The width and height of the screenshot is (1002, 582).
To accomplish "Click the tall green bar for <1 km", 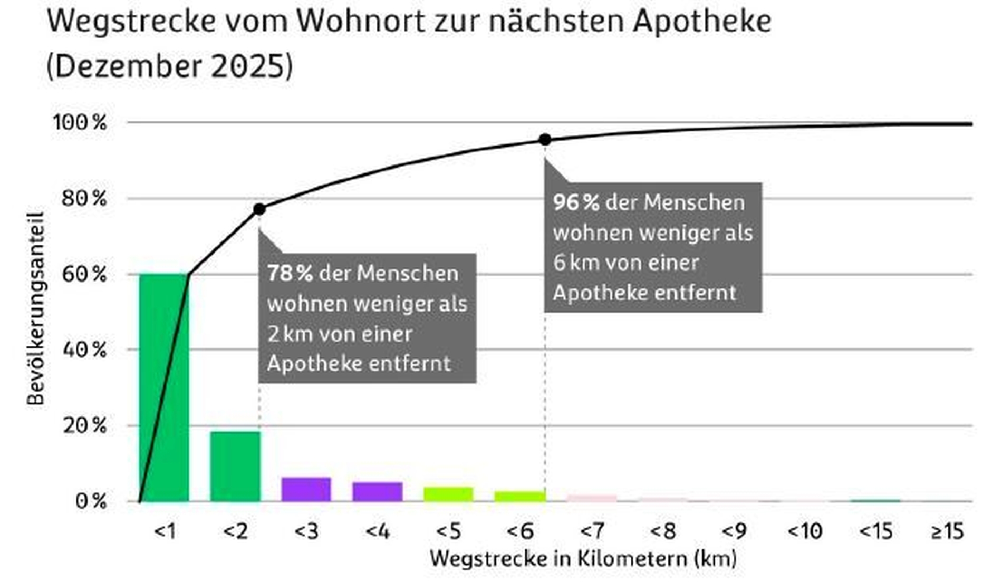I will pyautogui.click(x=164, y=387).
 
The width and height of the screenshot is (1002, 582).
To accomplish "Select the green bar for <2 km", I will pyautogui.click(x=235, y=466).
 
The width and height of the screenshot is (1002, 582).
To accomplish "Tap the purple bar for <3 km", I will pyautogui.click(x=306, y=489).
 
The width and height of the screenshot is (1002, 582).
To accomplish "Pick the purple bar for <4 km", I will pyautogui.click(x=378, y=491).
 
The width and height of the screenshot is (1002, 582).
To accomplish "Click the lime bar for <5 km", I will pyautogui.click(x=449, y=494).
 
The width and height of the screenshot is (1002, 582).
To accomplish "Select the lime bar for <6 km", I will pyautogui.click(x=520, y=496).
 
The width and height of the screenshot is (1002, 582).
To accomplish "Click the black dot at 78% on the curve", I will pyautogui.click(x=259, y=209).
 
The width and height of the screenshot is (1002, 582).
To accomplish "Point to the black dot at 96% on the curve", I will pyautogui.click(x=545, y=140).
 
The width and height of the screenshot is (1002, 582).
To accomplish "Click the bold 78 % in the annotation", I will pyautogui.click(x=290, y=273).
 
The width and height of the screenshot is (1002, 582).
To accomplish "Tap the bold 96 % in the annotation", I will pyautogui.click(x=576, y=202).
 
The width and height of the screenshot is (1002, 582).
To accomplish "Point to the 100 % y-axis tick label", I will pyautogui.click(x=80, y=123).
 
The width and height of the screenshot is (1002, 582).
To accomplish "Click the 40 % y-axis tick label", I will pyautogui.click(x=84, y=350).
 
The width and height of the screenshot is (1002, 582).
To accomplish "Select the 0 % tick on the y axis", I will pyautogui.click(x=91, y=501).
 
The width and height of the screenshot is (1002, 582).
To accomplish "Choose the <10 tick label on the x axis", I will pyautogui.click(x=805, y=531).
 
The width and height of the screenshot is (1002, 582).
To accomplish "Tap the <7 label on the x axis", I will pyautogui.click(x=592, y=531).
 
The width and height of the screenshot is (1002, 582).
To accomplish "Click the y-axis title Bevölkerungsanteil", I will pyautogui.click(x=35, y=309).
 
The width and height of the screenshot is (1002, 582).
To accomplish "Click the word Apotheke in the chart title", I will pyautogui.click(x=702, y=21).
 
